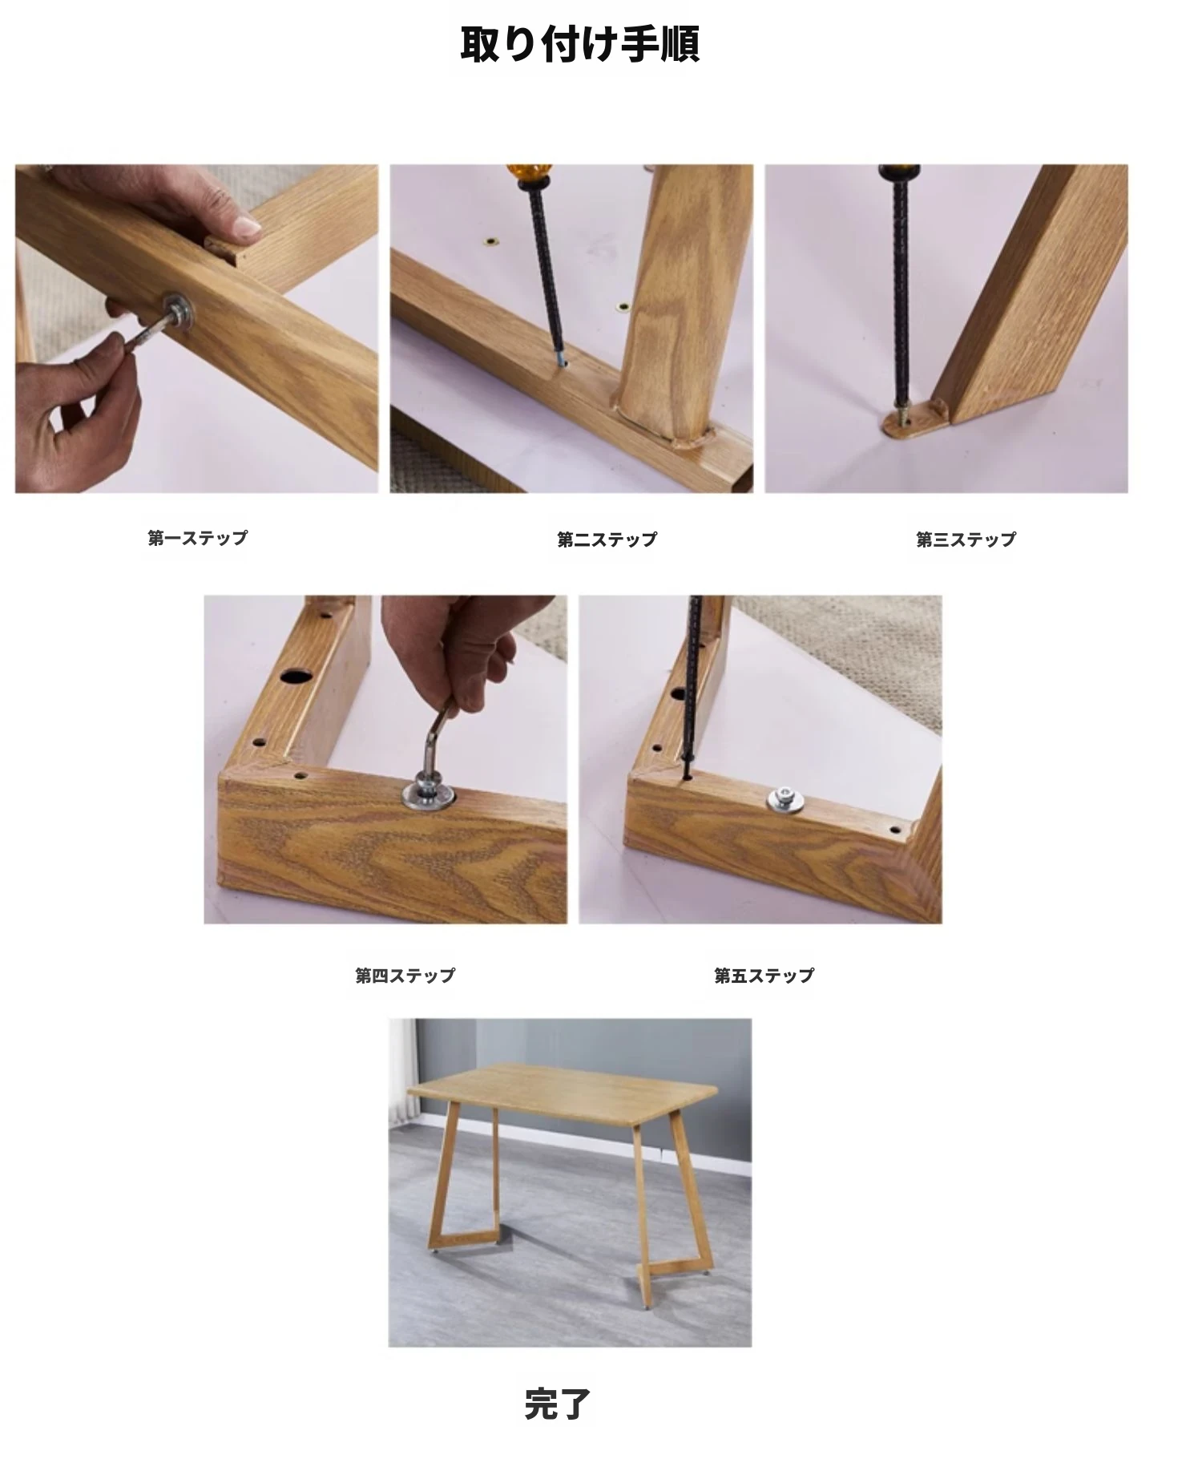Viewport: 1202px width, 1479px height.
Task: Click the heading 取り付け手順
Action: click(x=580, y=44)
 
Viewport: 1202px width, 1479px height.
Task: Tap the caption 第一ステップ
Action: click(x=198, y=538)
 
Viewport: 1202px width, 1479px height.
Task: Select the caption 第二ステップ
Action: click(x=607, y=539)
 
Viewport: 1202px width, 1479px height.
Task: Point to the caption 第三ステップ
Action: click(x=966, y=539)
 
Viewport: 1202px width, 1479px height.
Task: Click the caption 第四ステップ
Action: click(x=405, y=976)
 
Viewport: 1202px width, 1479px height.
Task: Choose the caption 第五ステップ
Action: click(x=764, y=976)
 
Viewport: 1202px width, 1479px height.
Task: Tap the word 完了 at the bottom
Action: click(x=558, y=1404)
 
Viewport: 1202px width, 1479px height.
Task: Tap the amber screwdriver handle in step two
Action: click(x=526, y=176)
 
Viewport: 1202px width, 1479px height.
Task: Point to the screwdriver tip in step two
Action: click(x=561, y=360)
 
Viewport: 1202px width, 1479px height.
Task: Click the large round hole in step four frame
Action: click(x=295, y=675)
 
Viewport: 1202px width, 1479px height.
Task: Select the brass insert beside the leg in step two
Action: click(x=623, y=306)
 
